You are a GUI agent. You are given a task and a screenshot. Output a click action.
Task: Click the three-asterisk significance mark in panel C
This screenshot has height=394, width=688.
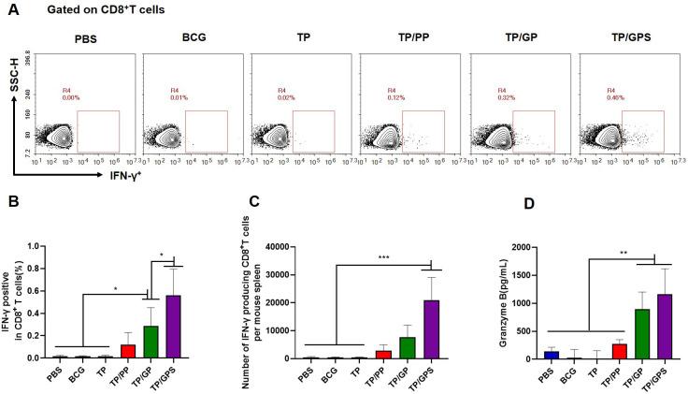point(384,255)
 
